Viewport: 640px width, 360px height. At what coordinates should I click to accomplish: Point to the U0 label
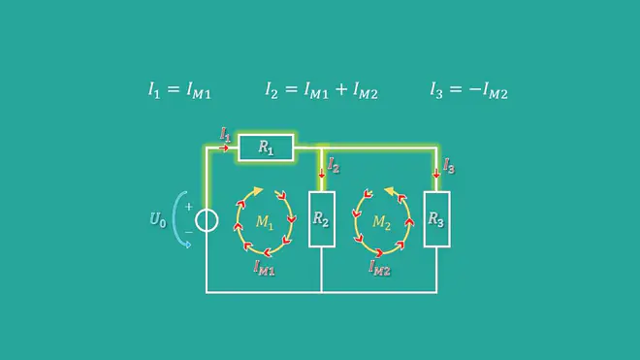(x=158, y=220)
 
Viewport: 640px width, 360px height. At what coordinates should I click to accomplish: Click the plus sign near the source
(x=188, y=207)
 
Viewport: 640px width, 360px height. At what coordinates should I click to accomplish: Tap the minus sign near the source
(x=188, y=232)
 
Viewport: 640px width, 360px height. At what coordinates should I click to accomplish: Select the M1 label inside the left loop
(x=264, y=222)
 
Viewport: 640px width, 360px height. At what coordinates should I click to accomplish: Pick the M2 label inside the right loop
(x=381, y=222)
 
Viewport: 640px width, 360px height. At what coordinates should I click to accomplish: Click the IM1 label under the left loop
(x=264, y=268)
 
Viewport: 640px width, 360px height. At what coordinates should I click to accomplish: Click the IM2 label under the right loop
(x=379, y=268)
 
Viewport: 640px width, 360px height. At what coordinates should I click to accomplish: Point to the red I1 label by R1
(x=225, y=134)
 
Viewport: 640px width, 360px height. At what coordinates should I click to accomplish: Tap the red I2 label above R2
(x=334, y=166)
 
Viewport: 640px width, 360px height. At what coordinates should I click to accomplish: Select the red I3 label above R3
(x=449, y=166)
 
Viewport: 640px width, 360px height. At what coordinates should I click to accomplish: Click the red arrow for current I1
(x=224, y=147)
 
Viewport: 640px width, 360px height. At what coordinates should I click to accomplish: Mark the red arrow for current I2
(x=322, y=173)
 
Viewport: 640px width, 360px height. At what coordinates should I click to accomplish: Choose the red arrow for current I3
(x=436, y=173)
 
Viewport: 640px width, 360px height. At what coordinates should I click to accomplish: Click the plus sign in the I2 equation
(x=341, y=89)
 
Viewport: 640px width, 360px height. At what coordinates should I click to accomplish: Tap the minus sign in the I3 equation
(x=475, y=89)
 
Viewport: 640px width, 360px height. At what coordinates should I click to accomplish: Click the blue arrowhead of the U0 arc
(x=187, y=245)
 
